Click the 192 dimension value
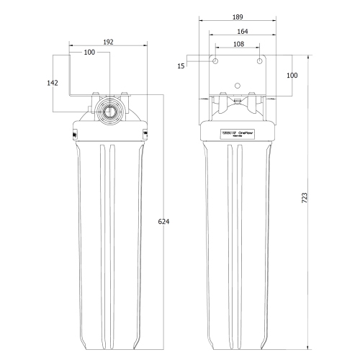(108, 42)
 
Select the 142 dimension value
(52, 83)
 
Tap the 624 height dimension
(163, 222)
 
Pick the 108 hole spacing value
(238, 44)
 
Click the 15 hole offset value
(181, 66)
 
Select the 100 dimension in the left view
(89, 53)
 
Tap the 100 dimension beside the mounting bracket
(292, 76)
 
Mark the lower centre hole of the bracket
(238, 87)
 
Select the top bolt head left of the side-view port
(95, 94)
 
